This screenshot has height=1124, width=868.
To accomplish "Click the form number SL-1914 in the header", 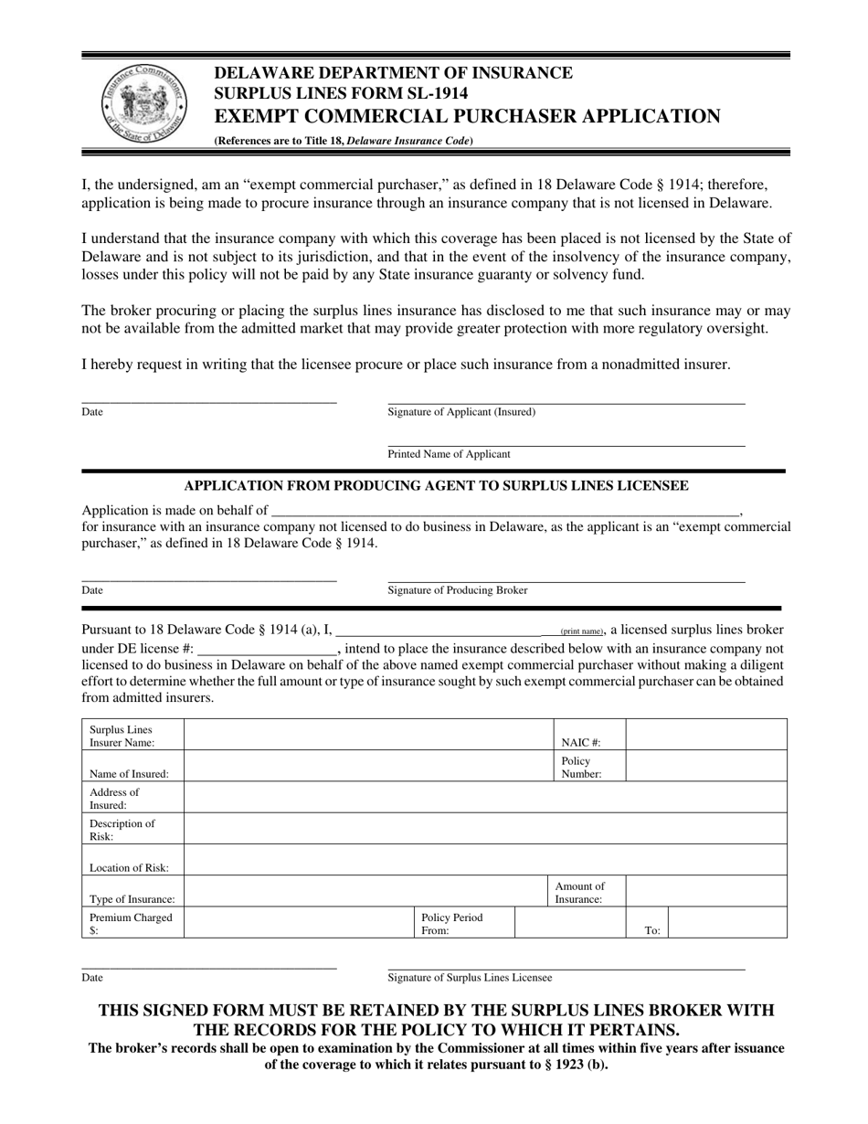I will tap(429, 93).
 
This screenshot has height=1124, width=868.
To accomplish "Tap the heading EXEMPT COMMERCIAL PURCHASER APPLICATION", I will tap(467, 116).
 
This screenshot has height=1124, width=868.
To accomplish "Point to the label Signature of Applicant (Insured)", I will tap(461, 412).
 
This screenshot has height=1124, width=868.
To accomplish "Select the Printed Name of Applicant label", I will tap(449, 454).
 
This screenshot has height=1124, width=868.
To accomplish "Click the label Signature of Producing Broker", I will tap(458, 590).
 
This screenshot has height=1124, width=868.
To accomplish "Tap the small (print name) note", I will tap(581, 631).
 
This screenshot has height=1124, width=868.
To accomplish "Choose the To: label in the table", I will tap(652, 930).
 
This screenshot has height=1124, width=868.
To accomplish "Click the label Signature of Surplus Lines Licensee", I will tap(470, 978).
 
